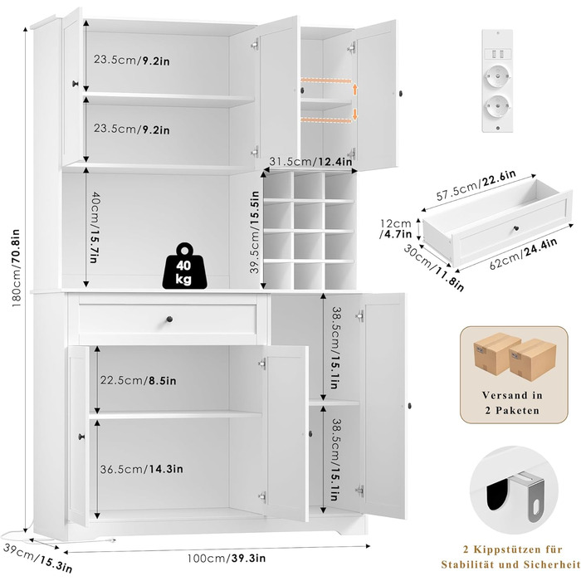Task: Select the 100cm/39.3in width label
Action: (x=221, y=559)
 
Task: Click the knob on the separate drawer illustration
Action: (x=513, y=225)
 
